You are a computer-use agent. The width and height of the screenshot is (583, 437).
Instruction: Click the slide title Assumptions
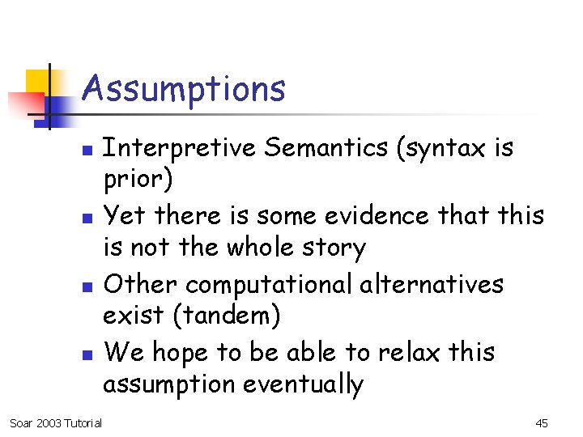184,88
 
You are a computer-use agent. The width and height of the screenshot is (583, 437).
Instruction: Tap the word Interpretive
178,148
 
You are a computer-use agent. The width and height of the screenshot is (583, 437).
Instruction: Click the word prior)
138,180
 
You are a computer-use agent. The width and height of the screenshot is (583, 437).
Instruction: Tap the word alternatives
437,284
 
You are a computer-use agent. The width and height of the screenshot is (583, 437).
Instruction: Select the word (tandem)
226,316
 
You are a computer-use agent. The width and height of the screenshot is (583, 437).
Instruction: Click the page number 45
542,423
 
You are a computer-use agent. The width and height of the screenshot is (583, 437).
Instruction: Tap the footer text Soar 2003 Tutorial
55,423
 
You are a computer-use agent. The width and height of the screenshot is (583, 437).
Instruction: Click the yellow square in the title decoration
38,82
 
